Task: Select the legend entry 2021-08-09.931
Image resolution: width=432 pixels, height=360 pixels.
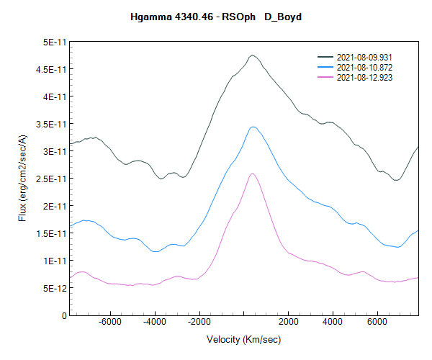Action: click(364, 56)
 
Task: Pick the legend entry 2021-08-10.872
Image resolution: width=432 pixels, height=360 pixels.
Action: click(364, 67)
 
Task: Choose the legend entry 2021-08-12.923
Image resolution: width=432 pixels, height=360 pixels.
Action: click(364, 77)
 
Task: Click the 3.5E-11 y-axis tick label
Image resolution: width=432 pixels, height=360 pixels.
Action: click(50, 125)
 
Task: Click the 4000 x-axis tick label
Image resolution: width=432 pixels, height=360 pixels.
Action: click(333, 323)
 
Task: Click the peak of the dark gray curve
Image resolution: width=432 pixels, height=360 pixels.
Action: click(252, 55)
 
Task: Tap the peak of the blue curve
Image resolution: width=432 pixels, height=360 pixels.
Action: click(253, 127)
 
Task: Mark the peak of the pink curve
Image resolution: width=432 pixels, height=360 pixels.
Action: click(253, 174)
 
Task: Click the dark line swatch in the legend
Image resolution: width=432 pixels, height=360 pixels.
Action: click(325, 56)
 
